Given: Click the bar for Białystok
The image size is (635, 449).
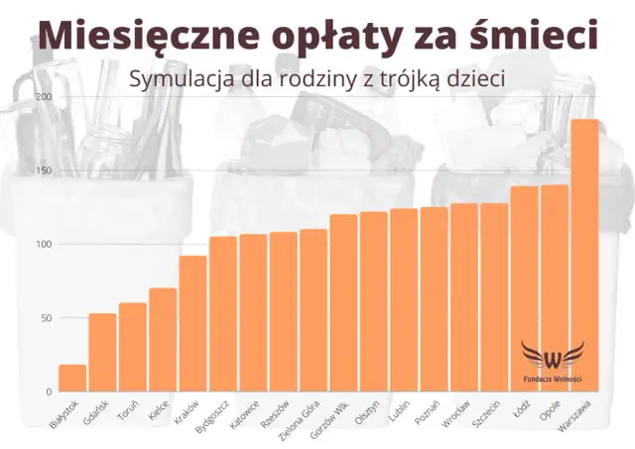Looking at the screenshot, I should coord(72,378).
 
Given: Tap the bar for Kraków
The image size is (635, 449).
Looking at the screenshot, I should coord(192,323).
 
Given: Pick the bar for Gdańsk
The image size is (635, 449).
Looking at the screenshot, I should coord(102,352).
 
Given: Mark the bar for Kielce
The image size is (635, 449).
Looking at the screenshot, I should coord(163,339).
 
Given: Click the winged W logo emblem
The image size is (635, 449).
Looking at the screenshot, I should coord(553,356).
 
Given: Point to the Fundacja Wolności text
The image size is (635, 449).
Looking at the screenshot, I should coord(553,379).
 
